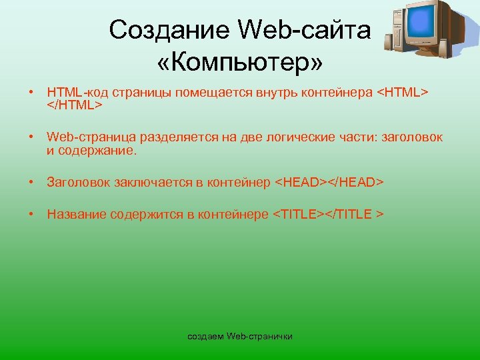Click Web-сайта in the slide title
coord(303,29)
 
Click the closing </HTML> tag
coord(74,105)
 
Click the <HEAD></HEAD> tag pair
coord(329,182)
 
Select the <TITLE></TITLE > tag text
coord(328,214)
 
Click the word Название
coord(76,214)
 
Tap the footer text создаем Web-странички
coord(240,335)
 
